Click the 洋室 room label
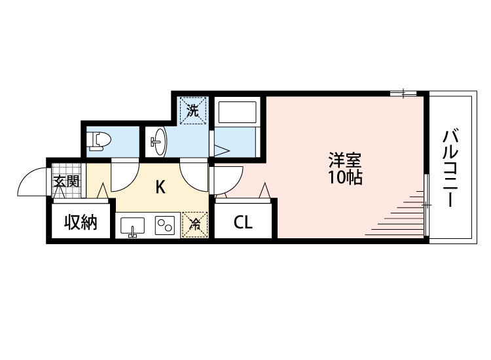point(345,160)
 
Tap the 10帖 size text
point(345,177)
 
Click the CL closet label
point(243,223)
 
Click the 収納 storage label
point(81,223)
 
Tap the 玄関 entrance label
point(66,181)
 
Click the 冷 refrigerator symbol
point(194,224)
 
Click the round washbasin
point(159,140)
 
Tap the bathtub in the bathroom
point(239,112)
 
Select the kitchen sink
point(134,226)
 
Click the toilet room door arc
point(124,173)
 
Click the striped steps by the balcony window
point(399,213)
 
